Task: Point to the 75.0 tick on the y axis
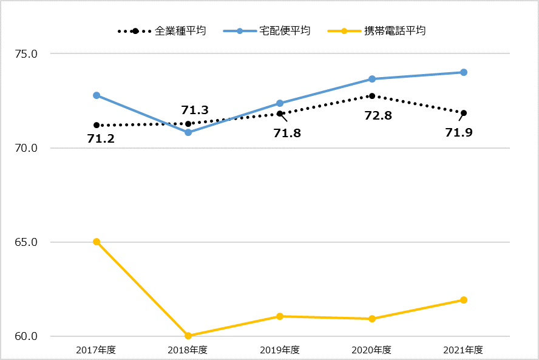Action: coord(26,53)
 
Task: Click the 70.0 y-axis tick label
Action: coord(26,148)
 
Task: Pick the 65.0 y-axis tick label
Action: coord(26,242)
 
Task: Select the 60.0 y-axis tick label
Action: coord(26,336)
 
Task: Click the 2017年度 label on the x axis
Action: coord(96,350)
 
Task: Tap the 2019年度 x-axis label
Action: coord(280,350)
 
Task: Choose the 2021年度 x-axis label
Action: coord(463,350)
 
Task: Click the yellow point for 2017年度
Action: coord(97,242)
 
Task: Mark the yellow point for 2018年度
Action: coord(188,336)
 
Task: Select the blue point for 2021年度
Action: coord(464,72)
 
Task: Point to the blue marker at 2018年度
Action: coord(188,132)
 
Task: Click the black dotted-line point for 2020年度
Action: coord(372,96)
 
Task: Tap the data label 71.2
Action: coord(101,139)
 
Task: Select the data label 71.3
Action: coord(195,110)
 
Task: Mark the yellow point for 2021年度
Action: coord(464,300)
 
